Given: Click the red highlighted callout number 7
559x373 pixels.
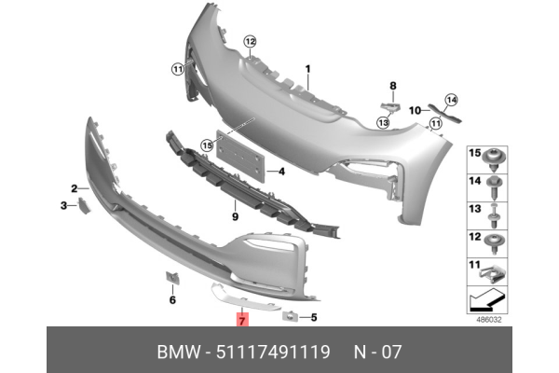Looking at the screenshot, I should click(x=241, y=321).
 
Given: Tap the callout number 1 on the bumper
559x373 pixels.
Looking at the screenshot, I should click(x=309, y=68).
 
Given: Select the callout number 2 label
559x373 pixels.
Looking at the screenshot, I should click(x=74, y=187).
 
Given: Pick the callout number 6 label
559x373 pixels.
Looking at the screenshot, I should click(x=172, y=299).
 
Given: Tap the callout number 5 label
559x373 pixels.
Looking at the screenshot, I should click(x=314, y=317).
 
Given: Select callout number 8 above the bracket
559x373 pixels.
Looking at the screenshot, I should click(x=392, y=86).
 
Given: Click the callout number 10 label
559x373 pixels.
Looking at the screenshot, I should click(x=416, y=108).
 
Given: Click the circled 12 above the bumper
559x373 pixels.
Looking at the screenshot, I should click(x=249, y=40).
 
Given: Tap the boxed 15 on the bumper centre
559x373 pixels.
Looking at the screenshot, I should click(x=208, y=145).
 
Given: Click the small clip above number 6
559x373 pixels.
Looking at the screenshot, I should click(x=172, y=276).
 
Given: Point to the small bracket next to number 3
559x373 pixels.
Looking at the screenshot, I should click(x=82, y=204).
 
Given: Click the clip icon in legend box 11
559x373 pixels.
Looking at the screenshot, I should click(x=495, y=274).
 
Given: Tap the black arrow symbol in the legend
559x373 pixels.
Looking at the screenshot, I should click(x=483, y=301).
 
